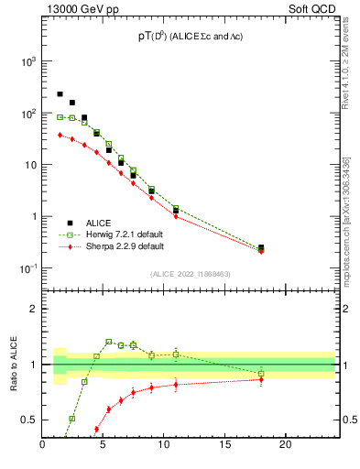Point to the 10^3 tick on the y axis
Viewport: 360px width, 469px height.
tap(27, 61)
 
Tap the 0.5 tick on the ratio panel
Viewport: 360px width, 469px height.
tap(29, 420)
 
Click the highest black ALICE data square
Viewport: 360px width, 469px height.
tap(60, 93)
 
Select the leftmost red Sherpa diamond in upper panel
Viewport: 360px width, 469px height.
tap(60, 135)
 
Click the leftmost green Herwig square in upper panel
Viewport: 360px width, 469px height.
tap(60, 116)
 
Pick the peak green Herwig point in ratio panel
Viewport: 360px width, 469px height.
tap(109, 342)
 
